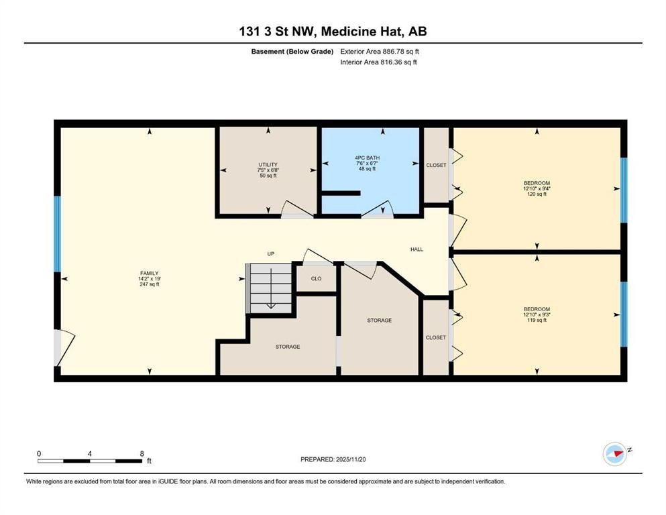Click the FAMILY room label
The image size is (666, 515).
(x=148, y=278)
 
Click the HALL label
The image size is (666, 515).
(x=417, y=249)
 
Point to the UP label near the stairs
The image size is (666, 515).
(x=271, y=254)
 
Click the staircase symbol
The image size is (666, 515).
(x=270, y=288)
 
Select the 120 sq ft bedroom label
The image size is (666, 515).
(x=537, y=188)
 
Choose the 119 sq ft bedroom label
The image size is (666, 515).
(x=537, y=314)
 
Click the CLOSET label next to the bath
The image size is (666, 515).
(x=436, y=165)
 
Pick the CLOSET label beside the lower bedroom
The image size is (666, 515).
(x=436, y=337)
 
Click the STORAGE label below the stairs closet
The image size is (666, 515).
(x=288, y=347)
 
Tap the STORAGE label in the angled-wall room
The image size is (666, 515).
(x=379, y=321)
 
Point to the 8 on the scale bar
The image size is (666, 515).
(x=142, y=453)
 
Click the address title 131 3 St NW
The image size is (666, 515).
(x=333, y=31)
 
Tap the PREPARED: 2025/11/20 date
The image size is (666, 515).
(x=333, y=459)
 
